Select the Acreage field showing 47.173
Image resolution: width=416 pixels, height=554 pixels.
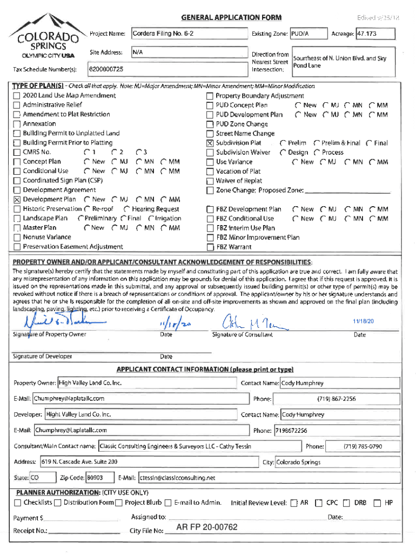(375, 34)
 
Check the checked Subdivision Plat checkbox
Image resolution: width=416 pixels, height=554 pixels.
(210, 143)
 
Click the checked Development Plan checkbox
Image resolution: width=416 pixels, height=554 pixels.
(17, 200)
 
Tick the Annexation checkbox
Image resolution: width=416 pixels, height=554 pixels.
(17, 124)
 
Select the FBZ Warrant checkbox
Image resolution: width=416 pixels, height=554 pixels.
(210, 247)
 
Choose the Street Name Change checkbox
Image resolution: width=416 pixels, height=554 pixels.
(210, 134)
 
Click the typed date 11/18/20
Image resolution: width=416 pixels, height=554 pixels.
(363, 321)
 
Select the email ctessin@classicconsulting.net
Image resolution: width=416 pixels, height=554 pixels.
(177, 478)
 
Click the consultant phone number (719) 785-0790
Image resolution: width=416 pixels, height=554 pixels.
(363, 447)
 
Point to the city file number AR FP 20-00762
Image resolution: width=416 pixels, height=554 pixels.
(207, 527)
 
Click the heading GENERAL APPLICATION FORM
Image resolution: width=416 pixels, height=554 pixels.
(231, 18)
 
